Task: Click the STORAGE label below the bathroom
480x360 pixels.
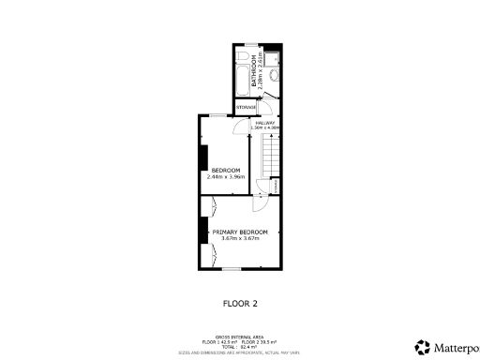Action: coord(246,108)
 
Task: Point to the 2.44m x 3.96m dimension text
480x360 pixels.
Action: coord(225,176)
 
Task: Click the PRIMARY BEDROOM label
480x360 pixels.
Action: coord(240,232)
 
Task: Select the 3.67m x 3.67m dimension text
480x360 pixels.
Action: coord(240,238)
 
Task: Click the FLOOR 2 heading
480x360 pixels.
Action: coord(240,304)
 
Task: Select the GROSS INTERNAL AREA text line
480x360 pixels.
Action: coord(240,335)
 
